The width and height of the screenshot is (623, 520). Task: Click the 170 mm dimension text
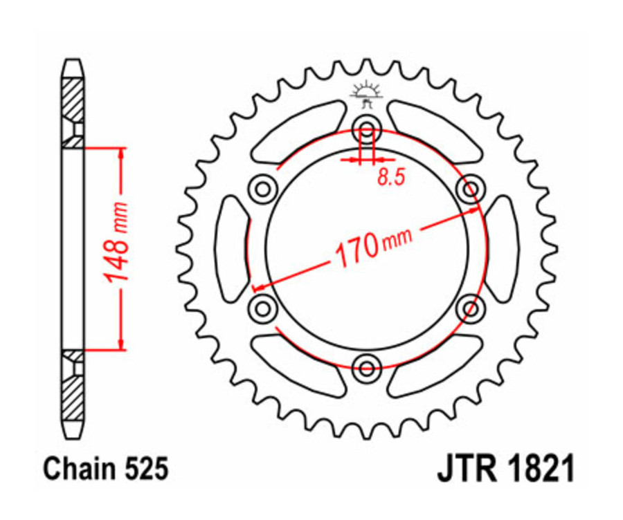[x=373, y=246]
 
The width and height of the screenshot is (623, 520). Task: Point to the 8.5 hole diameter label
[x=390, y=178]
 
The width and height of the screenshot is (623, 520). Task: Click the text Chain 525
[x=106, y=470]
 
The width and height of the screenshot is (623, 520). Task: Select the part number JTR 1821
[x=505, y=470]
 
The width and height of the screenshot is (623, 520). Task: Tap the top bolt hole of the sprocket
[x=366, y=129]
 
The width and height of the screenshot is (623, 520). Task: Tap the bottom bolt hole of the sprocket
[x=366, y=364]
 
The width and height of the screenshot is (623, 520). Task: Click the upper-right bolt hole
[x=471, y=187]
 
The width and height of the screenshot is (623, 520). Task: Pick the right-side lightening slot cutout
[x=501, y=246]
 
